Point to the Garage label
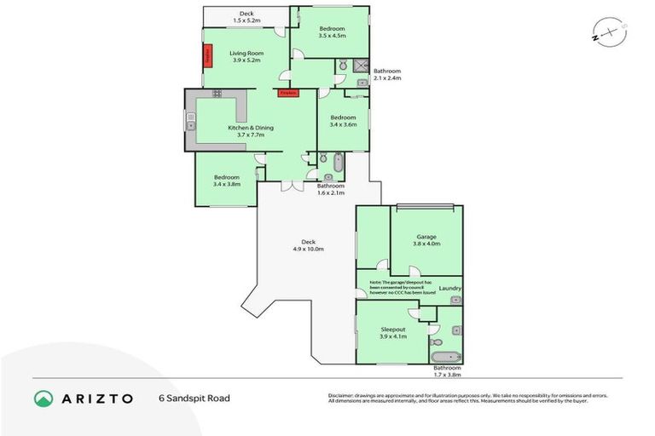tap(427, 237)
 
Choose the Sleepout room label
tap(392, 328)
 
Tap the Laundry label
tap(449, 288)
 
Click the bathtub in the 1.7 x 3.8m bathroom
tap(445, 357)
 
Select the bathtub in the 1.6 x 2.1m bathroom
tap(338, 162)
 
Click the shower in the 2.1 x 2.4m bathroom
tap(362, 65)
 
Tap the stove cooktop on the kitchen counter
tap(217, 94)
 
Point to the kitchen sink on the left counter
tap(191, 122)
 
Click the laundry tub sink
tap(455, 300)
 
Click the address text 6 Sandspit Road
tap(194, 398)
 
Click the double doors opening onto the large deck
tap(292, 184)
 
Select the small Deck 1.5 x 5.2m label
tap(246, 17)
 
